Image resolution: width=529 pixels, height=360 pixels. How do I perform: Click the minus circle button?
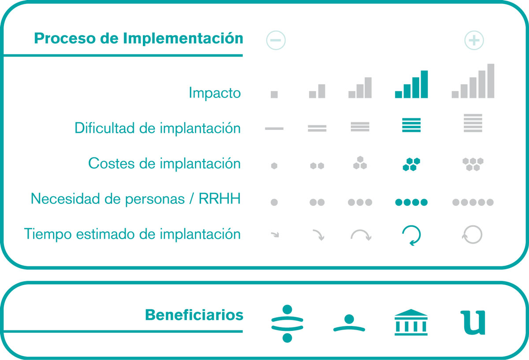[x=276, y=40]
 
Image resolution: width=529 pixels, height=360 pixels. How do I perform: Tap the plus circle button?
[x=474, y=40]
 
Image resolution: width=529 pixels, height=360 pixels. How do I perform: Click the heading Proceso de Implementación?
[x=138, y=38]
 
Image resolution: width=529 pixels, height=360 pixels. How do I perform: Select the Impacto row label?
[x=215, y=93]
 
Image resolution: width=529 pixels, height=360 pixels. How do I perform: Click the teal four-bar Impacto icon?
[x=411, y=84]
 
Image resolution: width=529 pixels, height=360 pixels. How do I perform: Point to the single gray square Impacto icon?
[x=274, y=94]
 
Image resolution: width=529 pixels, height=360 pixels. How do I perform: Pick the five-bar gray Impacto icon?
[x=473, y=81]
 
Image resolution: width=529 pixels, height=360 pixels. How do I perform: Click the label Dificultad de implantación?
[x=157, y=128]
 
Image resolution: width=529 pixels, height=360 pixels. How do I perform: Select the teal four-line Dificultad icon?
[x=411, y=125]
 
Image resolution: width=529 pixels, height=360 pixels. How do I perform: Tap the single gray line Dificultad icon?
[x=274, y=128]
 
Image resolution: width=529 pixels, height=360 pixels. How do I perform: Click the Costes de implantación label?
[x=164, y=163]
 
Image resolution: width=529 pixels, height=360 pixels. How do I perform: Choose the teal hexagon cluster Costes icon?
[x=411, y=164]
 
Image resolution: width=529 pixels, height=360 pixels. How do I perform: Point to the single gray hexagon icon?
[x=274, y=166]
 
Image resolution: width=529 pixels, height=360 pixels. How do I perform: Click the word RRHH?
[x=220, y=199]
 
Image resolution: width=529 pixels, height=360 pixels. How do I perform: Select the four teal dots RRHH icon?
[x=411, y=202]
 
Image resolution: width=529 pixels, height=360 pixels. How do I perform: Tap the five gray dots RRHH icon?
[x=473, y=202]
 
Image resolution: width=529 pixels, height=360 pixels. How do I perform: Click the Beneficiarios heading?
[x=194, y=315]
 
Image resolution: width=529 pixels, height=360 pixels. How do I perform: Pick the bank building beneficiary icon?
[x=411, y=322]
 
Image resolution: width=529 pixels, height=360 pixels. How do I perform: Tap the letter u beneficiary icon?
[x=473, y=322]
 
